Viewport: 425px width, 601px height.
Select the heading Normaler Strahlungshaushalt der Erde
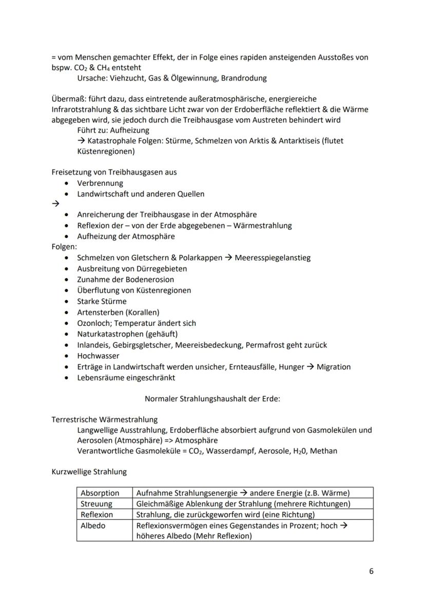tap(212, 398)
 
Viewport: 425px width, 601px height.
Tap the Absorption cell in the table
tap(100, 493)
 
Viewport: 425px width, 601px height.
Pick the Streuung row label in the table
tap(96, 503)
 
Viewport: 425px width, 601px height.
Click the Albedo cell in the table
tap(92, 526)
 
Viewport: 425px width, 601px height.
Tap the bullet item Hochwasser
tap(98, 356)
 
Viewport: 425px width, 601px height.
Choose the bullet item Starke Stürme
tap(102, 301)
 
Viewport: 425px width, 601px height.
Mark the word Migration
tap(334, 366)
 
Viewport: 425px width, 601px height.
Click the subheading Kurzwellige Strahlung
tap(89, 471)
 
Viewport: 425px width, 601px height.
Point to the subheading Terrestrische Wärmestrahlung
tap(105, 419)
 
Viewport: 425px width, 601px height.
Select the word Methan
tap(324, 451)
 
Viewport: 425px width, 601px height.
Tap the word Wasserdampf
tap(222, 451)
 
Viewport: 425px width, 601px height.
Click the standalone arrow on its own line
tap(55, 204)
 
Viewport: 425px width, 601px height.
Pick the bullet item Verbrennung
tap(100, 183)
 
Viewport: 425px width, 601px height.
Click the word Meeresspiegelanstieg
tap(273, 258)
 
